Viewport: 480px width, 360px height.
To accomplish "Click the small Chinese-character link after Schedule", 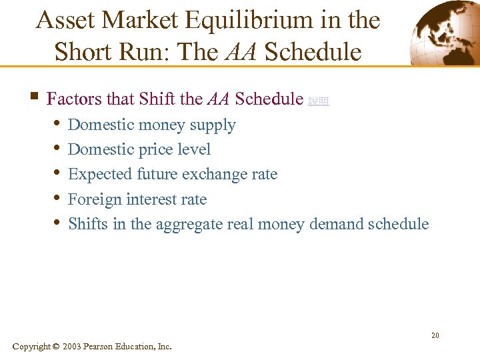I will pos(319,101).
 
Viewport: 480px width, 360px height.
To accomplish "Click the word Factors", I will pos(73,99).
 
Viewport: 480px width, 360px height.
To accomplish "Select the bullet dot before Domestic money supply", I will pos(57,125).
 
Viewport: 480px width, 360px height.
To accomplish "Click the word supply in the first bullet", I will pos(213,125).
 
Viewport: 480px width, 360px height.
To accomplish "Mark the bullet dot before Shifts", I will pos(57,223).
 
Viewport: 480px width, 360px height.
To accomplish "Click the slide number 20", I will pos(435,335).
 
